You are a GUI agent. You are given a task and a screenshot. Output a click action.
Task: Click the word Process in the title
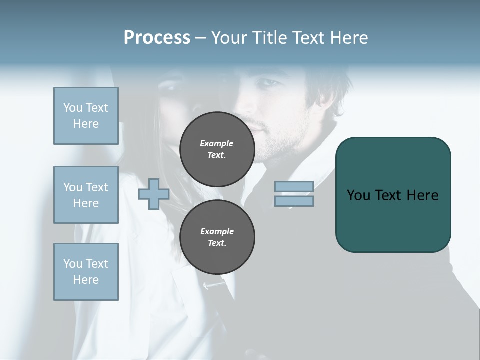(x=157, y=38)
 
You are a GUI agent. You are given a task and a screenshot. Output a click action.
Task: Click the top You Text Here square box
(x=86, y=116)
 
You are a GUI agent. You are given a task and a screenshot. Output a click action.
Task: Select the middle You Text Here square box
(x=86, y=195)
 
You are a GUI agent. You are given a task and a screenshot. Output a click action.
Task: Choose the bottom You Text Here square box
(x=86, y=272)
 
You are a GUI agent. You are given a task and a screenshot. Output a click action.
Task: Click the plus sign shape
(x=153, y=194)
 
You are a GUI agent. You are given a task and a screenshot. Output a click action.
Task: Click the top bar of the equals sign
(x=294, y=186)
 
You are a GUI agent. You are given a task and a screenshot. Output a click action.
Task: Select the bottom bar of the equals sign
(x=294, y=201)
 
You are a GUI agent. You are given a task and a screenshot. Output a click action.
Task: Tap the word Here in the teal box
(x=422, y=195)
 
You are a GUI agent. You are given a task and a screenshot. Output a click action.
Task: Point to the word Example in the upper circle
(x=216, y=143)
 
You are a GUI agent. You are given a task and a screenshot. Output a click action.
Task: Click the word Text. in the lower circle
(x=216, y=243)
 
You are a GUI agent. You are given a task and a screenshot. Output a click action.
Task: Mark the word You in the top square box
(x=72, y=108)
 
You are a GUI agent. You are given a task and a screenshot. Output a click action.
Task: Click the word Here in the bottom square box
(x=86, y=280)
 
